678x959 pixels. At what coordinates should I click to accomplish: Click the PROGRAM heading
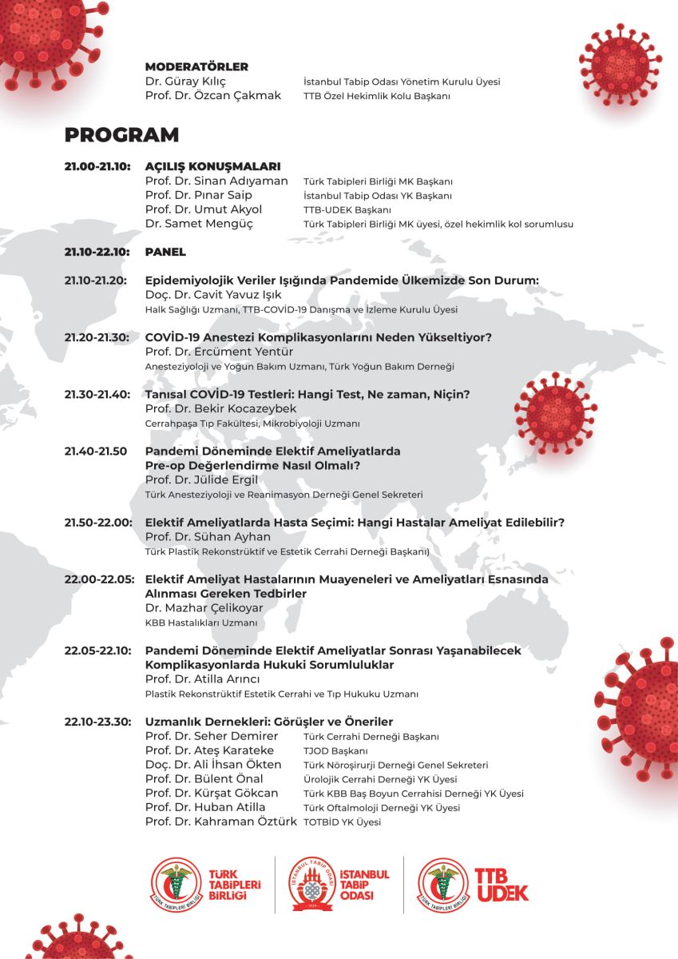tap(121, 134)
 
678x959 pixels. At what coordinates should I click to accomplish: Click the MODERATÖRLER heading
tap(196, 67)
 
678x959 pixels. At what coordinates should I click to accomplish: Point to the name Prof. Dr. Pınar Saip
tap(199, 195)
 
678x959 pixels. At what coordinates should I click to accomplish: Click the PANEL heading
tap(165, 252)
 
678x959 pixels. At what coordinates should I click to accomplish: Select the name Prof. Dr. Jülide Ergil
tap(202, 479)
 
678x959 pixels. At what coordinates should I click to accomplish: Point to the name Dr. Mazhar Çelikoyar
tap(204, 607)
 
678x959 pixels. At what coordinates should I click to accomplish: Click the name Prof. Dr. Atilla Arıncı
tap(203, 679)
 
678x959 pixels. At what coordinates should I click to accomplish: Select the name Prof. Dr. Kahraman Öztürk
tap(221, 822)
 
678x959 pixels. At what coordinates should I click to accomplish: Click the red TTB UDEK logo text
tap(502, 884)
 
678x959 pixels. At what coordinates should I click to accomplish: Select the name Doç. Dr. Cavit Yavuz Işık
tap(209, 295)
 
